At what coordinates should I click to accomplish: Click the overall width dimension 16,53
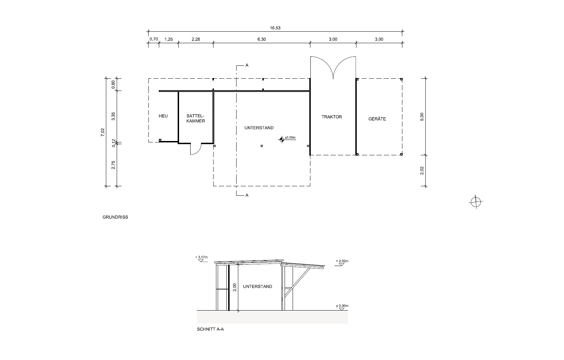275,28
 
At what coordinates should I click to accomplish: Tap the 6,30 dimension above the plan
262,39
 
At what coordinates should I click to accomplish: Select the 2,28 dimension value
196,39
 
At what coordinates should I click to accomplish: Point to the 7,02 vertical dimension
102,132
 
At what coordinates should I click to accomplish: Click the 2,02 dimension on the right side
422,171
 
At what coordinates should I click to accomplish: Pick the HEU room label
163,116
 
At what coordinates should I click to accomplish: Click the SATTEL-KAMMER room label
196,118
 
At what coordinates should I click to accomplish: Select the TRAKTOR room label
332,117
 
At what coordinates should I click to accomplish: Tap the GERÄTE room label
377,119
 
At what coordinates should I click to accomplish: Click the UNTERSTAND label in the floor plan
259,128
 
